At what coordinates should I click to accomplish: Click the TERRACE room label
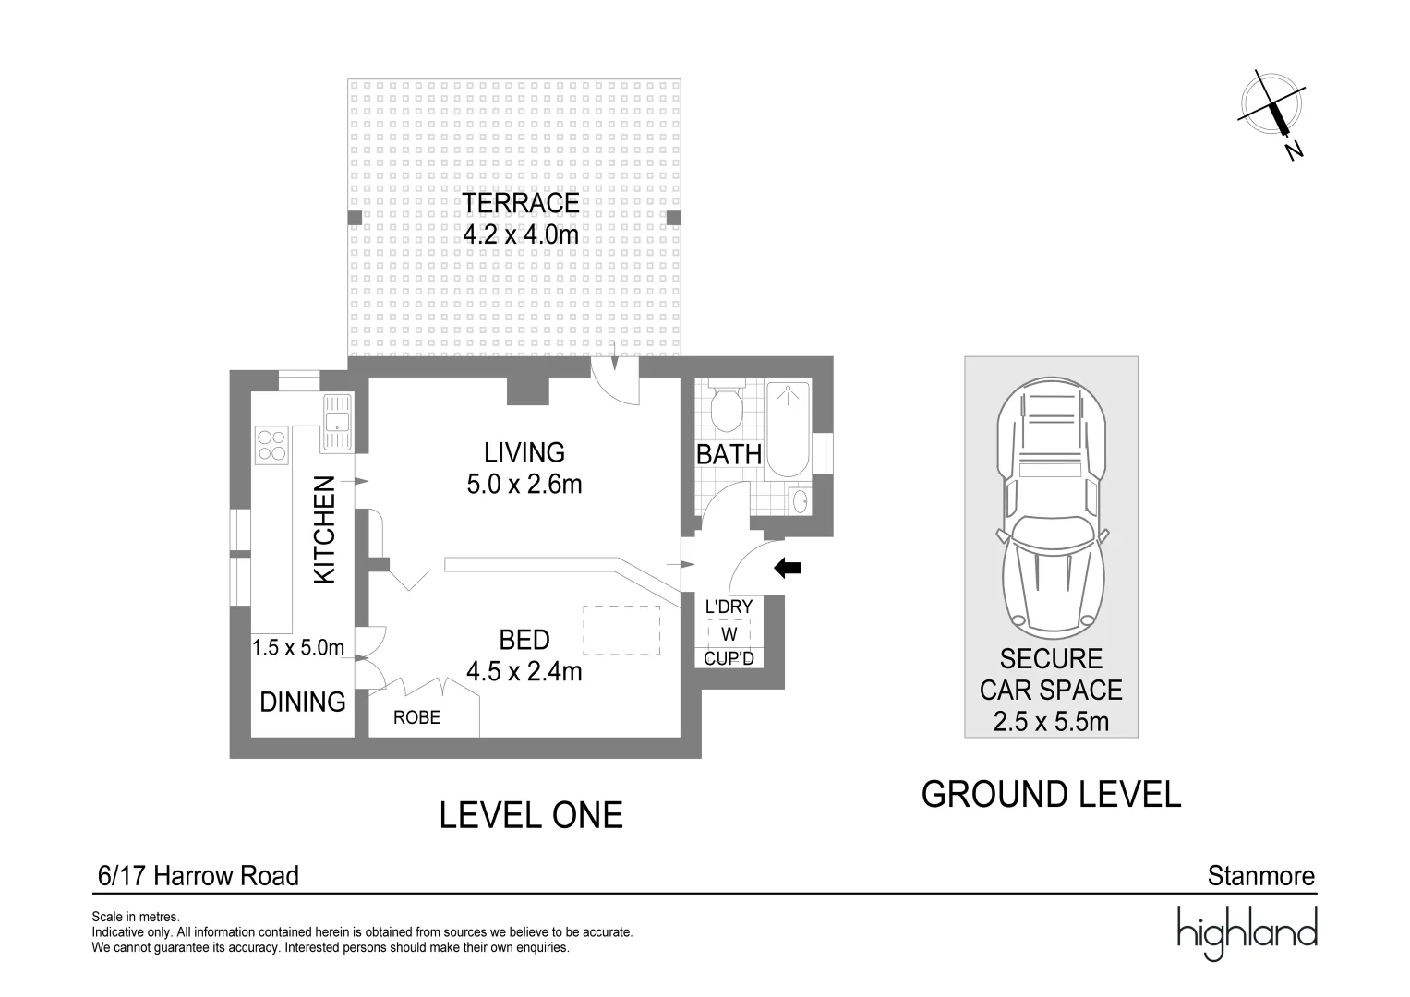point(521,203)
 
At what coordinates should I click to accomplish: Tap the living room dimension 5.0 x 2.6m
point(524,484)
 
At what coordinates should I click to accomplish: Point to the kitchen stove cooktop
point(271,445)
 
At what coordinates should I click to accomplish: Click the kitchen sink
point(337,422)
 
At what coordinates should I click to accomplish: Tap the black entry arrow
point(788,568)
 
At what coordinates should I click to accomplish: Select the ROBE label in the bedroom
point(416,717)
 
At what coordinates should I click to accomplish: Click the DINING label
point(303,702)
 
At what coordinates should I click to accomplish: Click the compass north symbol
point(1272,114)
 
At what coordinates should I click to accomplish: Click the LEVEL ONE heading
point(531,815)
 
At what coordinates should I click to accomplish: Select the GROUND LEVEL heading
point(1051,794)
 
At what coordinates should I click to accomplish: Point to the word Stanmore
point(1260,876)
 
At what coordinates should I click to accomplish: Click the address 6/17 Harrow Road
point(199,876)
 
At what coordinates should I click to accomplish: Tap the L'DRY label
point(729,607)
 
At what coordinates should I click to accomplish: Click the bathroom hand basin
point(800,501)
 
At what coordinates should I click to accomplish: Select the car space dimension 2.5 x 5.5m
point(1051,721)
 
